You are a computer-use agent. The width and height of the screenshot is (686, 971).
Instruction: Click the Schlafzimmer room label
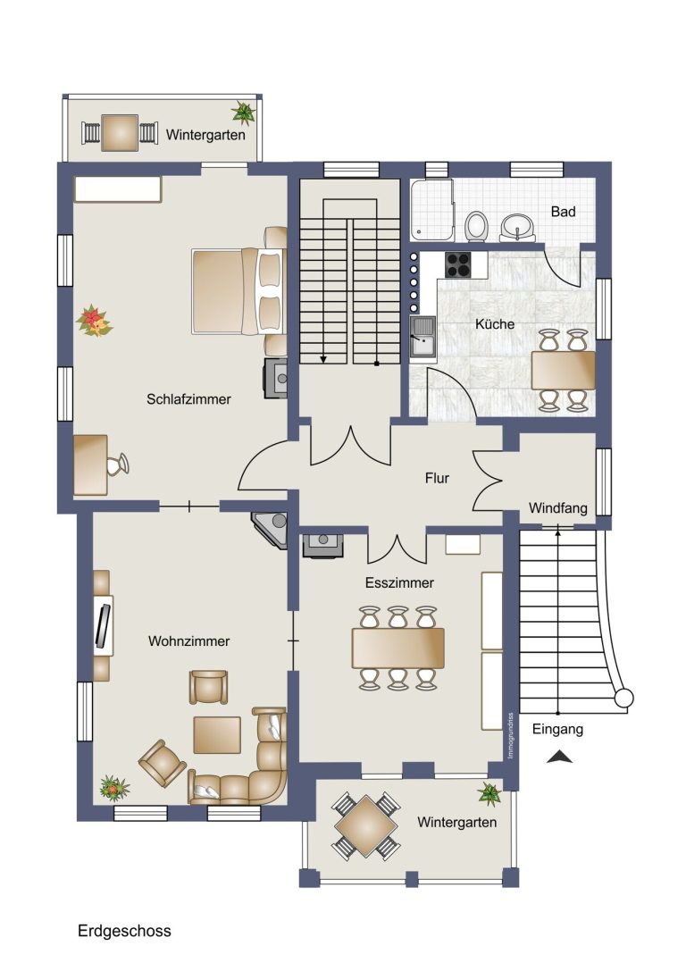pos(188,399)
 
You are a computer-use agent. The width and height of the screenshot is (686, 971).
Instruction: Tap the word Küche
pos(495,324)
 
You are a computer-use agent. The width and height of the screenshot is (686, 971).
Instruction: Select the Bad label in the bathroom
pos(564,212)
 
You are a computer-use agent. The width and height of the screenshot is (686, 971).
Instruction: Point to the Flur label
pos(437,478)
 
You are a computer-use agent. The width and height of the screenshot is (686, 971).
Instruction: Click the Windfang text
pos(558,508)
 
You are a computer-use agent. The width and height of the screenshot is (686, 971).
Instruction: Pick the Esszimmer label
pos(399,582)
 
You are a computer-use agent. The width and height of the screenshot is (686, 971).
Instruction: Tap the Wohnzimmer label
pos(188,641)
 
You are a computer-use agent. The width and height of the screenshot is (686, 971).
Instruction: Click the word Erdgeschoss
pos(124,931)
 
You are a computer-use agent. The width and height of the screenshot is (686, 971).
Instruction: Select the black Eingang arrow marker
pos(560,756)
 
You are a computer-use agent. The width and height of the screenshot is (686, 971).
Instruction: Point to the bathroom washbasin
pos(517,226)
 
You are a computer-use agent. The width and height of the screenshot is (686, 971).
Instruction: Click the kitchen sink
pos(422,336)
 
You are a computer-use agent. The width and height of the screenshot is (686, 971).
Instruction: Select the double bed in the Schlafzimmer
pos(238,291)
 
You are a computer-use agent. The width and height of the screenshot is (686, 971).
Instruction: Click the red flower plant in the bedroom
pos(94,321)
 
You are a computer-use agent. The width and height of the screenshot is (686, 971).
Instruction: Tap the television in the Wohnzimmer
pos(104,625)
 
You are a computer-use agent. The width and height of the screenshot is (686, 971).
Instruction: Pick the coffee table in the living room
pos(217,734)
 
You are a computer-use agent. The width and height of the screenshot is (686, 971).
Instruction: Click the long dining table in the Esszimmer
pos(398,648)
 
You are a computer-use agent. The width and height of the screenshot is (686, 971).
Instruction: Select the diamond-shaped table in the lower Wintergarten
pos(366,826)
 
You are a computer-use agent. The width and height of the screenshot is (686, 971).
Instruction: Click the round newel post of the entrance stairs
pos(623,698)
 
